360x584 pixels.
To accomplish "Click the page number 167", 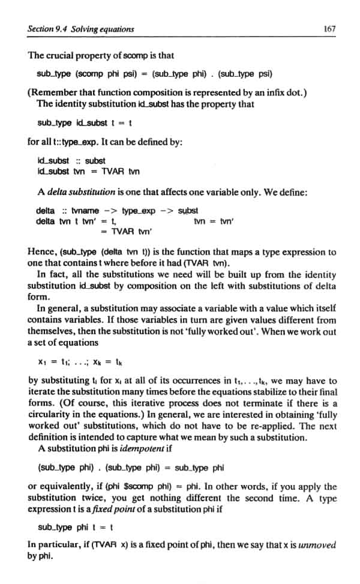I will (x=329, y=29).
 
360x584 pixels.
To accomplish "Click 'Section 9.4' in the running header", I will (x=49, y=29).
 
